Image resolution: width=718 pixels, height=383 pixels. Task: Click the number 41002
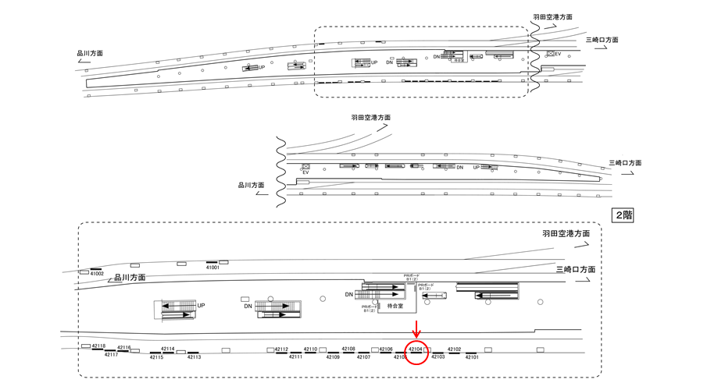(x=97, y=274)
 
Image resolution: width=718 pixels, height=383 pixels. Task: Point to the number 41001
(x=213, y=268)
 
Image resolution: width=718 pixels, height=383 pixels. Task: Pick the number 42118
(x=99, y=346)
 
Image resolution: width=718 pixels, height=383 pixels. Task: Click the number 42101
(x=471, y=357)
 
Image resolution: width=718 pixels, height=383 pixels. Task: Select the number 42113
(x=194, y=356)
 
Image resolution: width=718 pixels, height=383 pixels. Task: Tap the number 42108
(x=348, y=349)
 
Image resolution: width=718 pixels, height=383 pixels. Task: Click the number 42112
(x=282, y=349)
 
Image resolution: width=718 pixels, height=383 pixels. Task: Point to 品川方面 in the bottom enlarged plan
(x=130, y=278)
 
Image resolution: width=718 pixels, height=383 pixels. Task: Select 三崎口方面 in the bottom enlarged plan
(x=575, y=269)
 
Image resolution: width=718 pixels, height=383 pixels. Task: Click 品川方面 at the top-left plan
(x=90, y=54)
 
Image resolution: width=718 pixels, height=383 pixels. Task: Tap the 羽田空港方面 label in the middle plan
(x=370, y=117)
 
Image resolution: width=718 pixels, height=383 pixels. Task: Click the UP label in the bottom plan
(x=201, y=306)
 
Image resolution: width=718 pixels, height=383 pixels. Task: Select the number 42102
(x=454, y=349)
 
